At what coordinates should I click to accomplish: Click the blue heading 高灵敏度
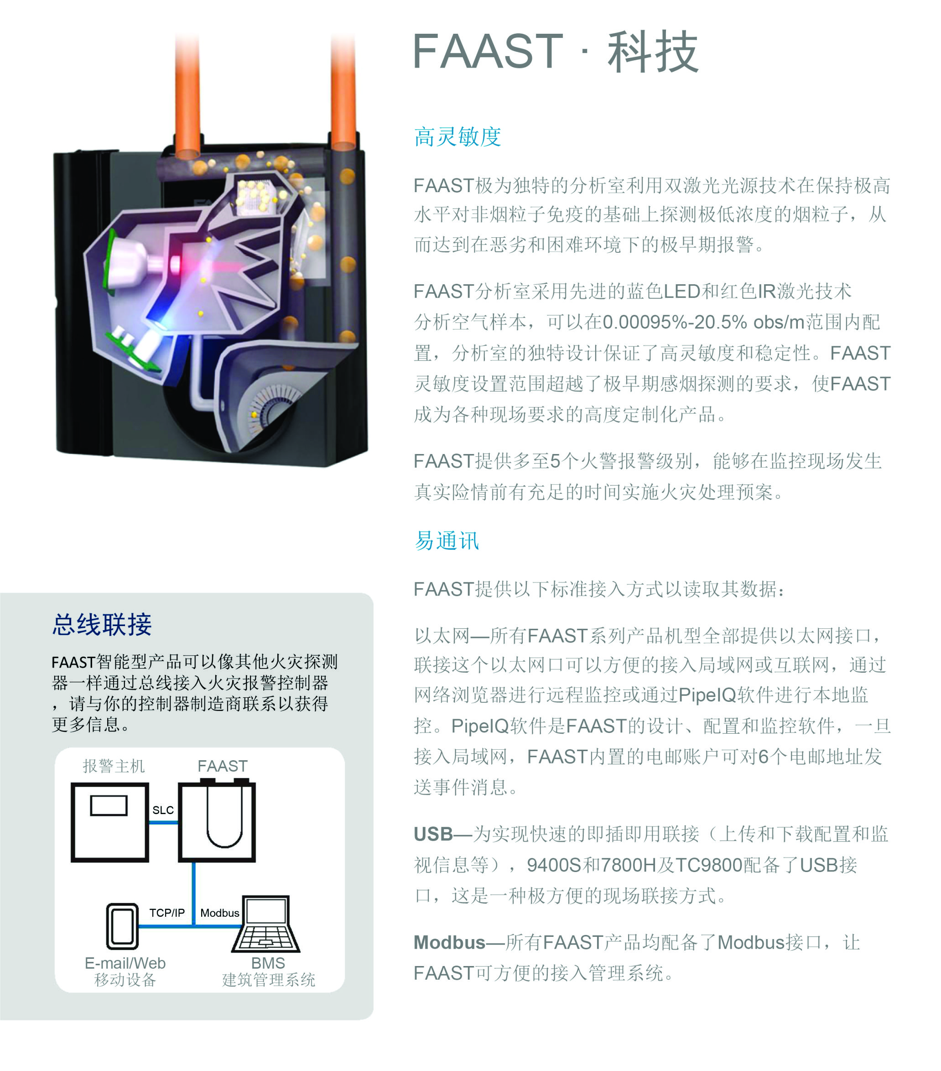click(x=457, y=137)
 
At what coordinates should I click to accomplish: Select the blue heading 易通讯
click(x=446, y=540)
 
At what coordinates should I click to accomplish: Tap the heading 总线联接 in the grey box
click(x=102, y=624)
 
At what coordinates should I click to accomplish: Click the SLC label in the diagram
click(x=163, y=810)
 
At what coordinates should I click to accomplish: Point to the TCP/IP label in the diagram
click(x=167, y=913)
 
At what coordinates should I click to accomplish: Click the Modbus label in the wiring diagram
click(x=220, y=913)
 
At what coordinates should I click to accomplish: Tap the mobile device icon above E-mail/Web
click(x=123, y=926)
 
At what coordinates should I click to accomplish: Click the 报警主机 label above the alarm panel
click(x=114, y=766)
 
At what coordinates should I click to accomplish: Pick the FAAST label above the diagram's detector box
click(x=222, y=766)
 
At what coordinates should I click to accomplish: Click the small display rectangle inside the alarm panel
click(x=109, y=805)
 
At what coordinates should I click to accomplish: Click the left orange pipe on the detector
click(x=187, y=94)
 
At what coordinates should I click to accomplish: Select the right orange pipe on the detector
click(x=343, y=89)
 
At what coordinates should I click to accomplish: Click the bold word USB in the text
click(x=432, y=834)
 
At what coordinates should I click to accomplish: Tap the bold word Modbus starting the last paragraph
click(x=449, y=942)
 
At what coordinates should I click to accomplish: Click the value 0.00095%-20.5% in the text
click(x=675, y=322)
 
